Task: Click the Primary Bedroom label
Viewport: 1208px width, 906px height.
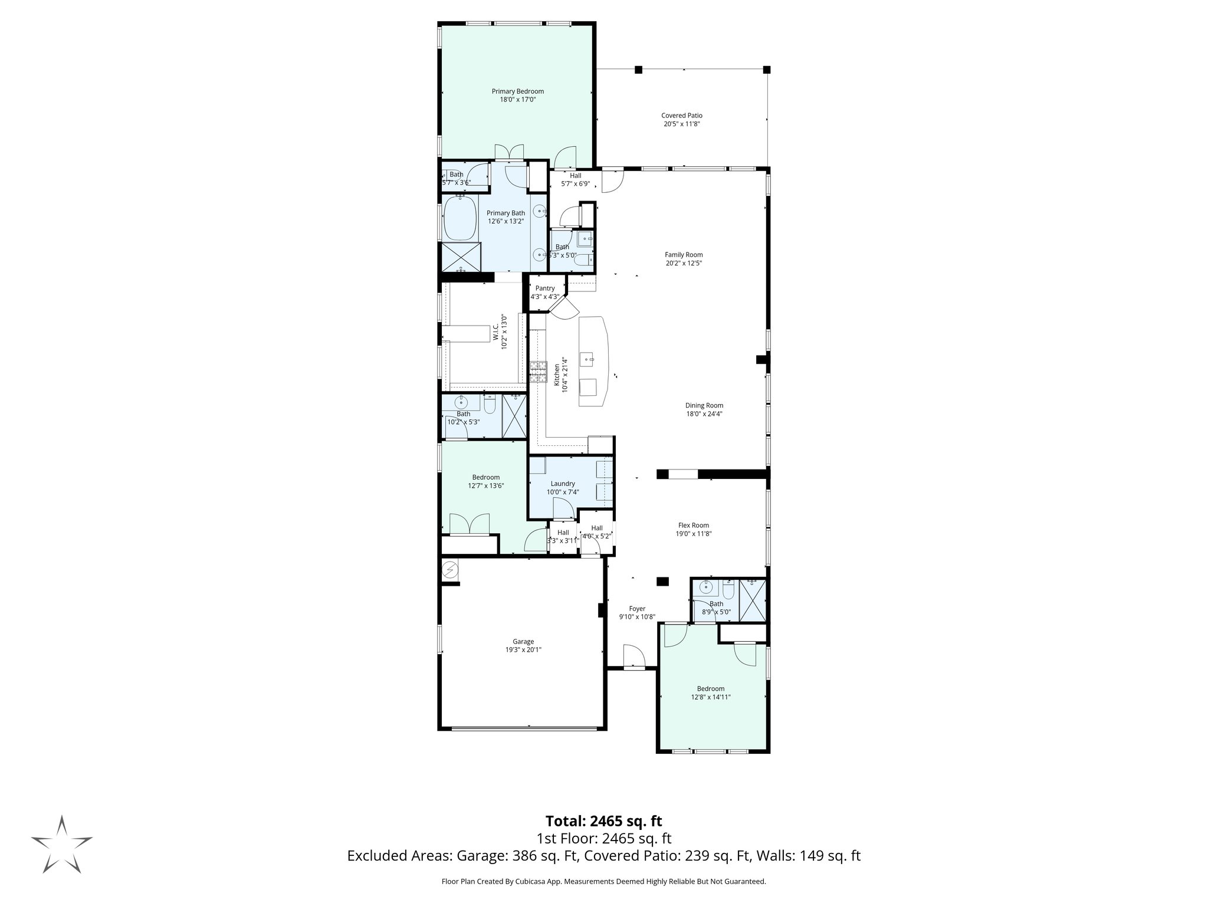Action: coord(518,91)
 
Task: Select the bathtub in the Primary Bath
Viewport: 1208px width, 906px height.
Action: coord(461,218)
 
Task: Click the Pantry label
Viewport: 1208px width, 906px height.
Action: coord(545,288)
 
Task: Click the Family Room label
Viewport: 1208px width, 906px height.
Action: coord(684,255)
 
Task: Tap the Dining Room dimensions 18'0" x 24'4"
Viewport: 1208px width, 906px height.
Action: coord(704,414)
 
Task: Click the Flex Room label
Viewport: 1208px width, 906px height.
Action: coord(693,526)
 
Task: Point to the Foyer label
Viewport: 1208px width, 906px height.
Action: coord(637,609)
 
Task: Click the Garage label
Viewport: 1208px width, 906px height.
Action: coord(523,642)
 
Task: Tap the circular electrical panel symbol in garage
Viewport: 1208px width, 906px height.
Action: coord(450,570)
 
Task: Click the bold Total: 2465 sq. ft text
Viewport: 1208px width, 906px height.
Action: coord(603,821)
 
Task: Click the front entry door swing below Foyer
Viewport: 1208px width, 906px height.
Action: coord(633,656)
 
